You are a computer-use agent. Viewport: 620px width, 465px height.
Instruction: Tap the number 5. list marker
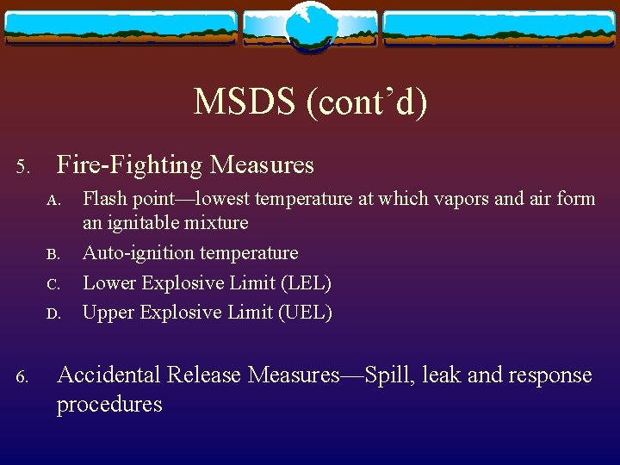click(x=24, y=165)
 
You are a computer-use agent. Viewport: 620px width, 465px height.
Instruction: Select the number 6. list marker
click(x=24, y=376)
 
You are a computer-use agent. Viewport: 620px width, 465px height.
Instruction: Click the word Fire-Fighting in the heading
click(x=130, y=164)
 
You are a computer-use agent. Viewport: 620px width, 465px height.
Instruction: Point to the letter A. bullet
click(x=53, y=201)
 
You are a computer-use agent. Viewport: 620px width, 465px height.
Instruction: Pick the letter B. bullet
click(x=53, y=255)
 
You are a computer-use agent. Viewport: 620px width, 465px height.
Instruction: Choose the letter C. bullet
click(x=53, y=284)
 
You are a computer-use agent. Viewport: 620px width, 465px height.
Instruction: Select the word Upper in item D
click(x=108, y=313)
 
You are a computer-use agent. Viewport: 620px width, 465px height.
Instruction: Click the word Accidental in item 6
click(x=108, y=375)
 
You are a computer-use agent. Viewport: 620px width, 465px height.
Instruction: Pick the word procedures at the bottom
click(x=109, y=404)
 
